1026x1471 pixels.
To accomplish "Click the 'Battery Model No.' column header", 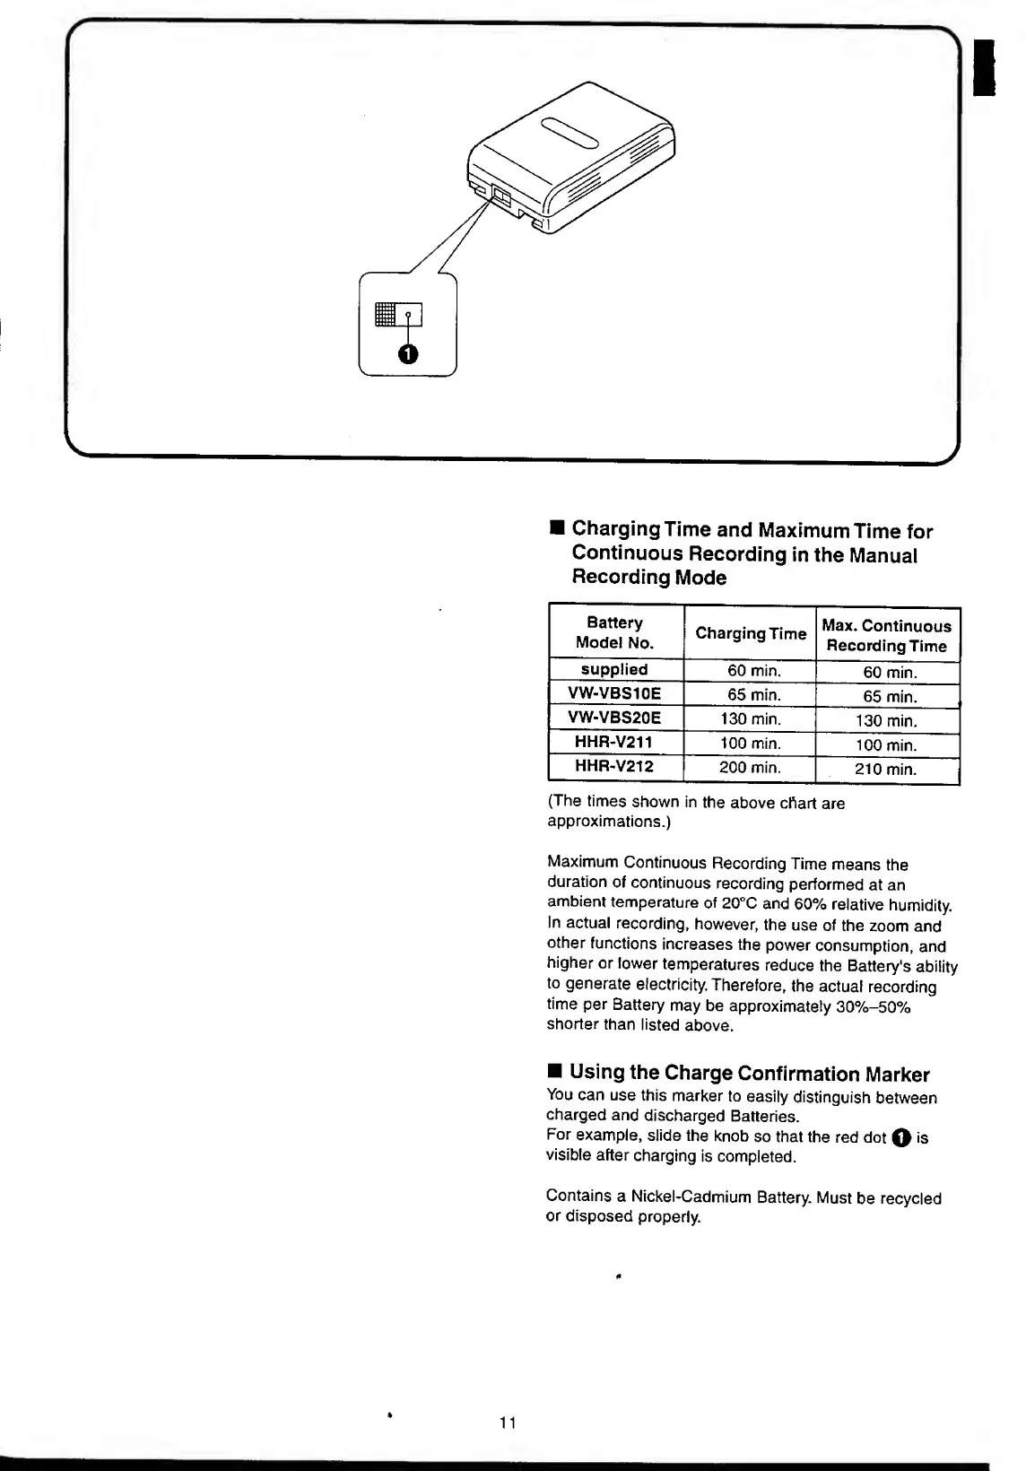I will pos(615,632).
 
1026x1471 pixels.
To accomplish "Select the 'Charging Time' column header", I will pos(751,633).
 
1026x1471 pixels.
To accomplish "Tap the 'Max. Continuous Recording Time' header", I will pos(887,635).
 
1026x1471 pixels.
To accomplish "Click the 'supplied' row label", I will pos(614,670).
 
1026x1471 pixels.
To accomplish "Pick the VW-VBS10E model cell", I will pos(614,694).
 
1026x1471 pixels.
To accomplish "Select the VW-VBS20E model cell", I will pos(614,718).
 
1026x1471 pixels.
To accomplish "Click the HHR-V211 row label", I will pos(614,743).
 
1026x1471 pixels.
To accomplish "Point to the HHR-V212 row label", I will pos(614,767).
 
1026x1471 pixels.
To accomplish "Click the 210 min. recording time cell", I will pos(886,770).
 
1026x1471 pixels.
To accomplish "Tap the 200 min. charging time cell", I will pos(750,768).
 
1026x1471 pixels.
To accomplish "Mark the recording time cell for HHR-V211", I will pos(886,745).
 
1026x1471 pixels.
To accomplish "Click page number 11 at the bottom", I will pos(509,1422).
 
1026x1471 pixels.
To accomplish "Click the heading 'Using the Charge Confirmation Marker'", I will pos(749,1074).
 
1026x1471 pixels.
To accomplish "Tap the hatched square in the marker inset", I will pos(386,314).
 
